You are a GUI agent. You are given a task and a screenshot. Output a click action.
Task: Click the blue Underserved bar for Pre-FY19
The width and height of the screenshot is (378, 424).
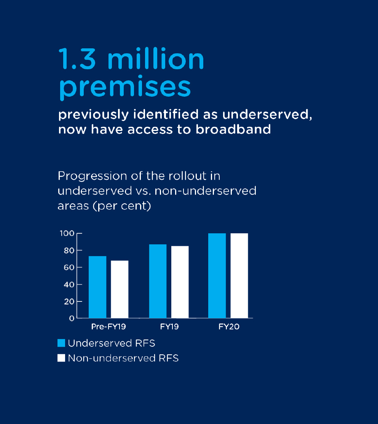point(97,287)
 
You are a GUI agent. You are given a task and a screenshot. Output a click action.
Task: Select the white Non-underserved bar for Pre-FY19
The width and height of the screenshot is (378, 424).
point(120,289)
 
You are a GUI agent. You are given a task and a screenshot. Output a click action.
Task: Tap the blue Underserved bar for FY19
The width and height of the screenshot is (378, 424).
point(158,281)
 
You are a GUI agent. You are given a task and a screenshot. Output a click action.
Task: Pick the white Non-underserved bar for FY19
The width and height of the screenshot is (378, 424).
point(180,282)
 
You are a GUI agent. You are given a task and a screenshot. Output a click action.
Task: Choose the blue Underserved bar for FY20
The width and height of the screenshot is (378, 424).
point(217,276)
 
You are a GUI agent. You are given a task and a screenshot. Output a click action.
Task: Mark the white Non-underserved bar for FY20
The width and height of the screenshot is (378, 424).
point(239,276)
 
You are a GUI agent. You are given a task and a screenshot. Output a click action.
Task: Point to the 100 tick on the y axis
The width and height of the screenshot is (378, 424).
point(67,233)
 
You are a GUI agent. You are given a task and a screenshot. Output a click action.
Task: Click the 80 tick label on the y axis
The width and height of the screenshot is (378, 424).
point(69,250)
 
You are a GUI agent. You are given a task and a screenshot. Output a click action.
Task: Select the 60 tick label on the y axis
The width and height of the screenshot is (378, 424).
point(69,268)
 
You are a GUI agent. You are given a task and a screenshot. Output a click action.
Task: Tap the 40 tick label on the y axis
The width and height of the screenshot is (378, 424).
point(69,284)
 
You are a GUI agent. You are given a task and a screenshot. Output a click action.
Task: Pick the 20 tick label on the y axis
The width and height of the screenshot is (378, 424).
point(69,301)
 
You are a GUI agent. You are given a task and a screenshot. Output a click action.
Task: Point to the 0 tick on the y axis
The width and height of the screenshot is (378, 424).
point(72,318)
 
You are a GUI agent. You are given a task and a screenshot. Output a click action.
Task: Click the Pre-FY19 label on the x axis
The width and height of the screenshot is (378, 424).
point(108,327)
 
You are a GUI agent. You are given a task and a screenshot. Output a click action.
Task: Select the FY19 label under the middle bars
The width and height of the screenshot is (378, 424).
point(169,327)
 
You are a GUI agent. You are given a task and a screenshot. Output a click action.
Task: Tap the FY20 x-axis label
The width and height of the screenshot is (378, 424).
point(229,327)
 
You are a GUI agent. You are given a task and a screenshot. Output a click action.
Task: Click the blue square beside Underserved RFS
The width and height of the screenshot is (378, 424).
point(61,343)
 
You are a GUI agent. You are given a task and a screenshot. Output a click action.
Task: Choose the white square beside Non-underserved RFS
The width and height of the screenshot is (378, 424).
point(61,358)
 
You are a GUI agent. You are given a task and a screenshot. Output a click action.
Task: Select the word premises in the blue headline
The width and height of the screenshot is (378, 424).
point(125,88)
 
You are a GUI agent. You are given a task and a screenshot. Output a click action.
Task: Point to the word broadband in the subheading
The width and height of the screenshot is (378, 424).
point(233,129)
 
